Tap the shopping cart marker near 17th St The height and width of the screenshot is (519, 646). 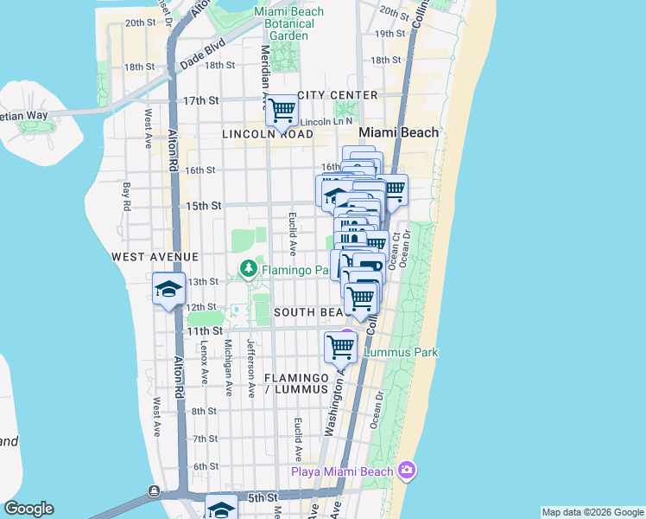click(282, 111)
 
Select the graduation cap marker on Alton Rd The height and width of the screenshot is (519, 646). click(169, 289)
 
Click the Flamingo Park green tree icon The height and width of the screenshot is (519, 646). click(250, 270)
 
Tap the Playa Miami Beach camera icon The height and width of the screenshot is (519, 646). click(407, 471)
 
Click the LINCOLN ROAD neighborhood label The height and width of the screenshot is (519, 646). click(267, 134)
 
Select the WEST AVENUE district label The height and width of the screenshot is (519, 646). click(155, 257)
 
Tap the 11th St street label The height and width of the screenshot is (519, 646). click(205, 330)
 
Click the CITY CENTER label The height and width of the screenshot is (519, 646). click(338, 94)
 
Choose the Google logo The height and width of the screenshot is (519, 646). click(28, 509)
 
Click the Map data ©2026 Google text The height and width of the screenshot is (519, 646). click(592, 512)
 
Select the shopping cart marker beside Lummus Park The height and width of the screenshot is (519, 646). click(340, 348)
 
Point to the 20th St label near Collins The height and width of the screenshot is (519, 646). click(392, 13)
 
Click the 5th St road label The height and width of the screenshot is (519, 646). click(262, 497)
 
